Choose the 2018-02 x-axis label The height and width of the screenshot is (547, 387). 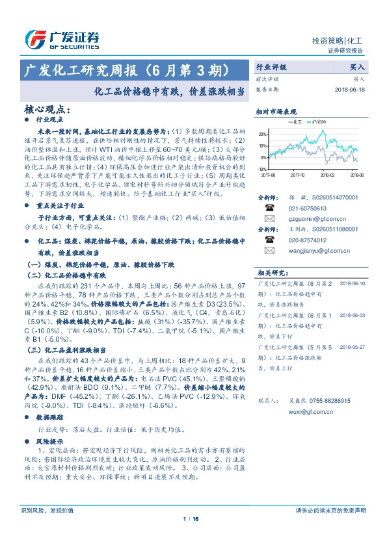pos(327,174)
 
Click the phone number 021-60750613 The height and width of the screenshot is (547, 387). pos(306,208)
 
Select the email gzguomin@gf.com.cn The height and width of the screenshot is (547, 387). pos(313,219)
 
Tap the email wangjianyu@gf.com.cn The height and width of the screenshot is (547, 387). pos(315,250)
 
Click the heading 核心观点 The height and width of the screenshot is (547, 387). pos(45,108)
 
